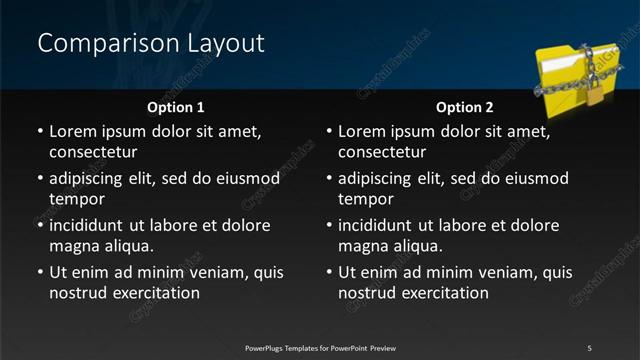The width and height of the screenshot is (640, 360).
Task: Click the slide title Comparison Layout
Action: tap(150, 44)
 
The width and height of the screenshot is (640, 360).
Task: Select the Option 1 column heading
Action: tap(176, 106)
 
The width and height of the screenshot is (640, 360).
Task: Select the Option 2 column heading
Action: tap(465, 106)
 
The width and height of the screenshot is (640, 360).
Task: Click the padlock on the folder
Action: tap(594, 94)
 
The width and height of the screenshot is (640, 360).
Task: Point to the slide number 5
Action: tap(589, 348)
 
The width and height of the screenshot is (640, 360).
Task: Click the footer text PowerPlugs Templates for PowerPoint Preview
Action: tap(320, 348)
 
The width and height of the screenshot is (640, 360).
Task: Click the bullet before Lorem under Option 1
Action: tap(40, 132)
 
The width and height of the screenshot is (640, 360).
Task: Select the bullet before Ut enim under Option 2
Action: tap(329, 273)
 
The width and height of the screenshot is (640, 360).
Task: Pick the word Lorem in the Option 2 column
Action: tap(360, 132)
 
